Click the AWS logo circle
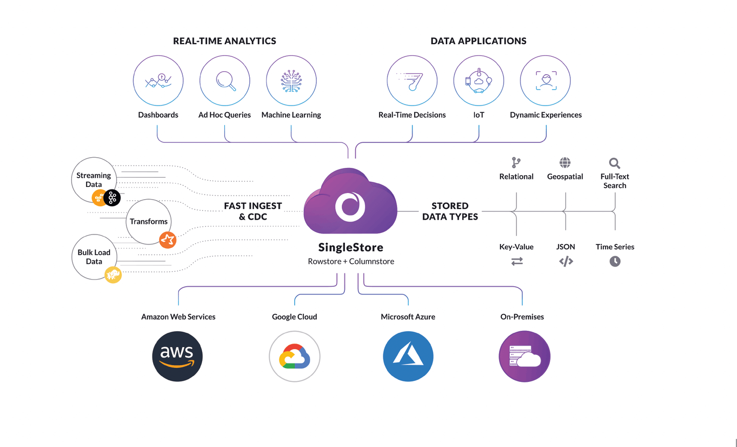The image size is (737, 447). coord(177,356)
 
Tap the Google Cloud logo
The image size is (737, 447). coord(294,356)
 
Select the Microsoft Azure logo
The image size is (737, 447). coord(408,356)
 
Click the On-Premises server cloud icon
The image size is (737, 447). coord(524,356)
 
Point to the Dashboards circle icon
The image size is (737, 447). coord(158,81)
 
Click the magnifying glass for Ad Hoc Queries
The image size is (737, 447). coord(225,81)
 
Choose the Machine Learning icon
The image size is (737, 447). coord(291,81)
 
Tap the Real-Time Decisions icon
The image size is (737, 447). coord(412,81)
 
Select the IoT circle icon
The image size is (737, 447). coord(479,81)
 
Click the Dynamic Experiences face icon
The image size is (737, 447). coord(546,81)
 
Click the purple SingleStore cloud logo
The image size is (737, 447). coord(351,203)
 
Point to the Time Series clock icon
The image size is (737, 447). coord(615,262)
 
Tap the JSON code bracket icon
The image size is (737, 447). coord(566,262)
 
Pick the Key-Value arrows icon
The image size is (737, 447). coord(517,262)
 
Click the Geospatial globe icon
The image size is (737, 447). coord(565,163)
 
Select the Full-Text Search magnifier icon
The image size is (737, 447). coord(615,163)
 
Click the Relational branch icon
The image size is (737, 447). coord(516,163)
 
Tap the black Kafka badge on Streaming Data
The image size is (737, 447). coord(112,198)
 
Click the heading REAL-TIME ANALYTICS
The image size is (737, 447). coord(224,41)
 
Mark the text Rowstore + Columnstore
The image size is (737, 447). coord(351,262)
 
